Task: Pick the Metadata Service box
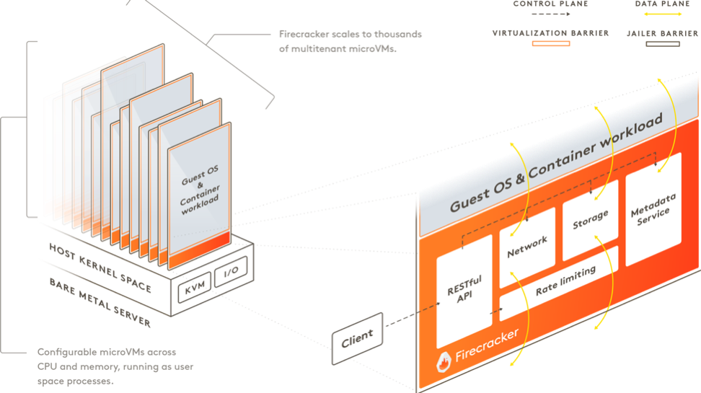[653, 208]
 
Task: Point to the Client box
[357, 337]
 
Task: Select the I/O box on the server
[229, 273]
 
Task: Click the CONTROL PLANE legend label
[550, 4]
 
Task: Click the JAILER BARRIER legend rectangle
[653, 44]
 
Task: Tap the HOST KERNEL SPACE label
[100, 267]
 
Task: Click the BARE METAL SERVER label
[100, 302]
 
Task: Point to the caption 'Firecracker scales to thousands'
[350, 34]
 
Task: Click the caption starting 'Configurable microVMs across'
[107, 352]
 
